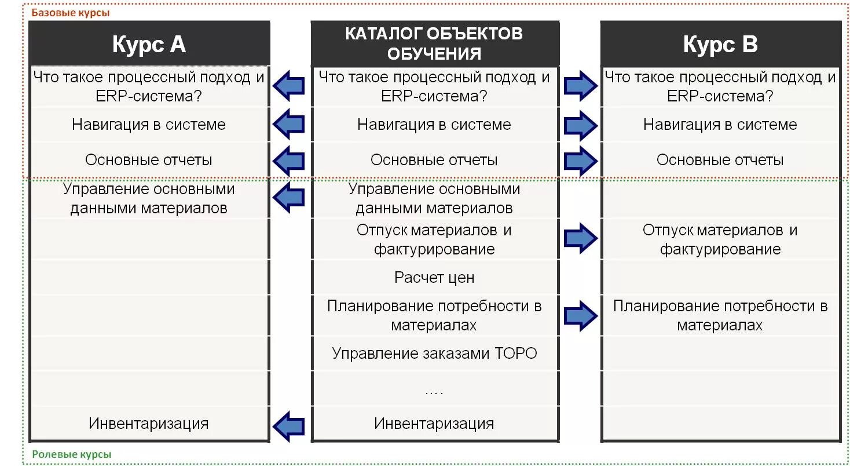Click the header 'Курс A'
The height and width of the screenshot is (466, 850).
pyautogui.click(x=149, y=44)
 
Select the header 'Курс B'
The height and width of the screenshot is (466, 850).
pyautogui.click(x=720, y=44)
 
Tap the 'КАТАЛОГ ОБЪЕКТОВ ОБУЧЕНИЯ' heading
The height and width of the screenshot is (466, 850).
pyautogui.click(x=434, y=43)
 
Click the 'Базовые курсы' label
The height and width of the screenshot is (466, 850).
pyautogui.click(x=70, y=13)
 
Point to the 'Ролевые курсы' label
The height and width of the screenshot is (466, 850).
pyautogui.click(x=71, y=455)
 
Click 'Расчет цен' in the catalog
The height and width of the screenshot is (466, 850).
pyautogui.click(x=434, y=278)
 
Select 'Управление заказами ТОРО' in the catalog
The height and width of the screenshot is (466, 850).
pyautogui.click(x=434, y=353)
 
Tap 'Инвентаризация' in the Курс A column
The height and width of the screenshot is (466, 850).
pyautogui.click(x=149, y=424)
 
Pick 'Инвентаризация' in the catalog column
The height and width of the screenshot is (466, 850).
pyautogui.click(x=434, y=424)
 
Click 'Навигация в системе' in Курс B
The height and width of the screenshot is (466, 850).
pyautogui.click(x=720, y=125)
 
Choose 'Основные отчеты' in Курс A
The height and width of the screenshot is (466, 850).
pyautogui.click(x=149, y=160)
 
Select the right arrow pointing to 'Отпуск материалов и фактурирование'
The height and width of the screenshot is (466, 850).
pyautogui.click(x=581, y=237)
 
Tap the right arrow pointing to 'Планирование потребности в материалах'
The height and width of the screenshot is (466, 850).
pyautogui.click(x=581, y=316)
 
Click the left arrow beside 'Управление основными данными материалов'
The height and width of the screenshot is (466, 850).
pyautogui.click(x=289, y=198)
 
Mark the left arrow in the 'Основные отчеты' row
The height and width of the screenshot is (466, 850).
pyautogui.click(x=289, y=161)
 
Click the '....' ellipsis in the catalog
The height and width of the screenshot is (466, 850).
pyautogui.click(x=434, y=392)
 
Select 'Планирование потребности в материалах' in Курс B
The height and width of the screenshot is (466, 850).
pyautogui.click(x=720, y=315)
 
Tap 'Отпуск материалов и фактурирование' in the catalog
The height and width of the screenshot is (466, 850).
pyautogui.click(x=434, y=239)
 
